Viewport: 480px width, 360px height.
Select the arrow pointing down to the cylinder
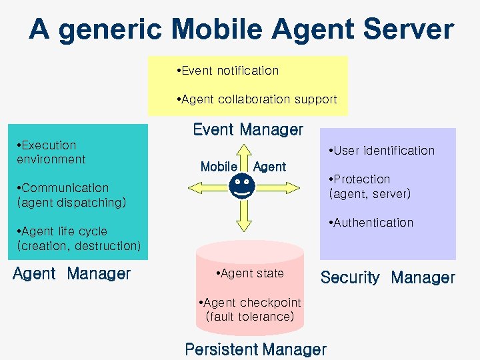click(x=243, y=215)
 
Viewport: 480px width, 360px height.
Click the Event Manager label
click(x=247, y=130)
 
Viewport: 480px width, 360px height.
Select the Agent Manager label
click(x=72, y=273)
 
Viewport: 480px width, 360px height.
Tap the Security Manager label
click(x=387, y=277)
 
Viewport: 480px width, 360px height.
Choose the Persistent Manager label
click(x=255, y=349)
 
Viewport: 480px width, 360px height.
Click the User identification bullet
click(x=382, y=151)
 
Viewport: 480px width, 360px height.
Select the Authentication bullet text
click(x=371, y=223)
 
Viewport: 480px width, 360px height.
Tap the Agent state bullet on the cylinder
click(x=250, y=273)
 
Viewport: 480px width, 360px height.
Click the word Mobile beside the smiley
click(x=219, y=167)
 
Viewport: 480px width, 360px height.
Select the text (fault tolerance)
click(x=250, y=317)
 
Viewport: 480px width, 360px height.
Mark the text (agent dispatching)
click(x=71, y=203)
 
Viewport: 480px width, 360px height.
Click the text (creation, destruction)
click(x=79, y=246)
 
